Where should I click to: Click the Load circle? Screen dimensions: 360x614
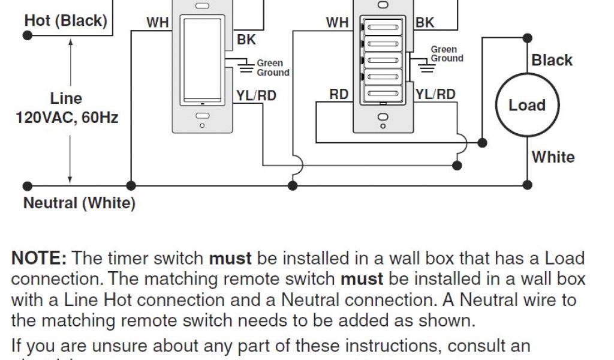coord(527,106)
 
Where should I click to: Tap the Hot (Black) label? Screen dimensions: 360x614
coord(66,21)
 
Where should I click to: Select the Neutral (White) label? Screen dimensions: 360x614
coord(79,203)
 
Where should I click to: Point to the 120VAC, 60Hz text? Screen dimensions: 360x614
coord(67,117)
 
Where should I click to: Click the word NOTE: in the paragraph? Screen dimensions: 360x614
coord(39,259)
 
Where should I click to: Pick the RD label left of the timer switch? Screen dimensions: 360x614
coord(339,95)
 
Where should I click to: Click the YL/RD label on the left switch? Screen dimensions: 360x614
coord(257,95)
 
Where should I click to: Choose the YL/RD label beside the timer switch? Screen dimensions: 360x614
coord(435,94)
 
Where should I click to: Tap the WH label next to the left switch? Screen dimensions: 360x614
coord(158,23)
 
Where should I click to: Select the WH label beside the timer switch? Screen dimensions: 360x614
coord(337,23)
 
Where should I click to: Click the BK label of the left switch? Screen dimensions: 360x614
coord(246,40)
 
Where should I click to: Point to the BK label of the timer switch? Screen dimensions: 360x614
coord(425,23)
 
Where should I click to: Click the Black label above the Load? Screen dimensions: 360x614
coord(552,61)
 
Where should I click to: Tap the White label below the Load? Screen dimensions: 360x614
coord(553,157)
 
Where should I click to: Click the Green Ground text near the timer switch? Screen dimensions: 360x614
coord(447,54)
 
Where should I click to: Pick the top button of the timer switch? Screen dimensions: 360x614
coord(380,27)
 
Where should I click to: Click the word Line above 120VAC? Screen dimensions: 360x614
coord(66,98)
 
